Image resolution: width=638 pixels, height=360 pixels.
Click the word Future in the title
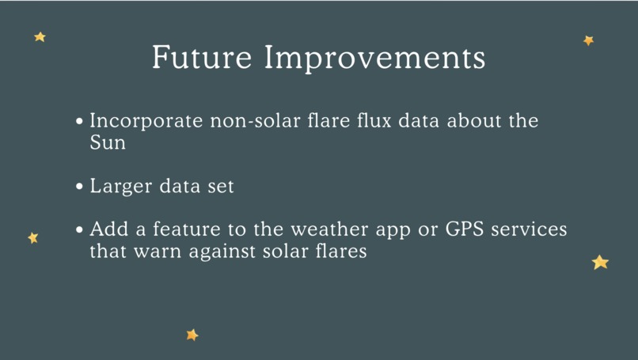click(202, 57)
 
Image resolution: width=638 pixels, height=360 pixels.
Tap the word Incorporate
click(146, 121)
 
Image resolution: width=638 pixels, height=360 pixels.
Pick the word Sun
click(108, 142)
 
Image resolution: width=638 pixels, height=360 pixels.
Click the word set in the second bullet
click(221, 187)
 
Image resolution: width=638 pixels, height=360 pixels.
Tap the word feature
click(187, 229)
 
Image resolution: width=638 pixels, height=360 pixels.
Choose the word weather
click(329, 229)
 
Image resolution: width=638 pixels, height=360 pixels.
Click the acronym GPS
click(465, 229)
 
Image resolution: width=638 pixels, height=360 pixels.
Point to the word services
click(529, 229)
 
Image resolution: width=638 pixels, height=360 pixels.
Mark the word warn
click(158, 252)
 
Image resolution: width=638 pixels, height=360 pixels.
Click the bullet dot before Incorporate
click(79, 121)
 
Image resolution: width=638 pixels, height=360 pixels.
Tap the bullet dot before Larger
click(79, 187)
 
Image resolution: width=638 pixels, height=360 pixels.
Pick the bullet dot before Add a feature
click(79, 229)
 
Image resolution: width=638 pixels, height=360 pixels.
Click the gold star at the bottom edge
click(192, 335)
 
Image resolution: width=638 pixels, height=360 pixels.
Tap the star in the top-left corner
click(40, 37)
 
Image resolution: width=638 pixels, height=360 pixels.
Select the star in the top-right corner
click(588, 40)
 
